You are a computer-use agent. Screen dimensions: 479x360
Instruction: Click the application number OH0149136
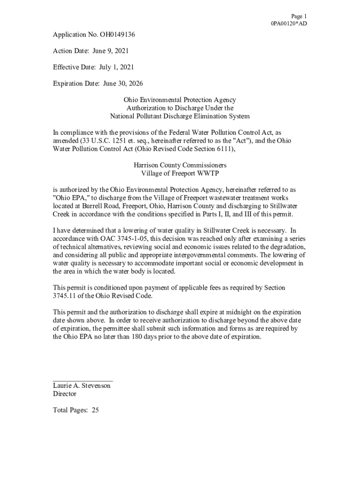point(117,35)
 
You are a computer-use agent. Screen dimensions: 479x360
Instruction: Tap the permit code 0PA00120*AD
point(289,23)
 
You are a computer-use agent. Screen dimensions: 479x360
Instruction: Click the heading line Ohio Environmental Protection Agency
point(180,100)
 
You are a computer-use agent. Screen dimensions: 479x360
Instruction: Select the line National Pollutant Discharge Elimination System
point(180,116)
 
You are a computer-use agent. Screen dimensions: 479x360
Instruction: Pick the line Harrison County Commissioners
point(180,165)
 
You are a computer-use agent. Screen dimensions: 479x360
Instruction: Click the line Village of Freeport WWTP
point(180,173)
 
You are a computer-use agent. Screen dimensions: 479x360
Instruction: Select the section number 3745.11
point(65,296)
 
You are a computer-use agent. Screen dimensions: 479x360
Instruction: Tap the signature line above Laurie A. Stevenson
point(83,381)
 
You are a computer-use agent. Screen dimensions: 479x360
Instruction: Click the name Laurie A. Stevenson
point(82,385)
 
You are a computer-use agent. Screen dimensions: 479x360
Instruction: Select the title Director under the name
point(65,394)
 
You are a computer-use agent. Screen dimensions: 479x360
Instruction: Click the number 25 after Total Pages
point(95,410)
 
